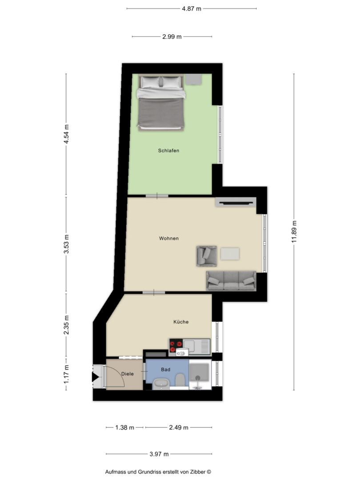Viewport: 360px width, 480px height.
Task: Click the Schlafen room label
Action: [x=168, y=151]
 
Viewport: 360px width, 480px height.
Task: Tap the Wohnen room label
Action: [x=169, y=239]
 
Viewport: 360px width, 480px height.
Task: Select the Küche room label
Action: [x=181, y=322]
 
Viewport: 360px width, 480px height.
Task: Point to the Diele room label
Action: [x=128, y=374]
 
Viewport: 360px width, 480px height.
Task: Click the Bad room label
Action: [x=166, y=369]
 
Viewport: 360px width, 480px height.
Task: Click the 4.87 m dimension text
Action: [x=192, y=9]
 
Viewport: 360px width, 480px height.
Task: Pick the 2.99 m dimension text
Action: [x=172, y=37]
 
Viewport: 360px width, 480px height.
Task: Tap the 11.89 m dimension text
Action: [x=294, y=232]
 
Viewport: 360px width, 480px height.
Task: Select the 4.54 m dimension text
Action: [x=66, y=134]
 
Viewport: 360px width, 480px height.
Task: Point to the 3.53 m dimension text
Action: [x=66, y=244]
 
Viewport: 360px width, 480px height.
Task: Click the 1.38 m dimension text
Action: [x=124, y=428]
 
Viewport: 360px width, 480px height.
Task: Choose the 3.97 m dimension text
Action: [x=159, y=454]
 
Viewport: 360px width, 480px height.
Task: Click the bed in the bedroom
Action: [x=161, y=103]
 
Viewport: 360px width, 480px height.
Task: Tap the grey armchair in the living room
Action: [x=207, y=256]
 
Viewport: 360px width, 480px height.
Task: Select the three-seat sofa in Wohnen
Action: [x=231, y=281]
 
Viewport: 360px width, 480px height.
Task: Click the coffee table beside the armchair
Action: [x=230, y=254]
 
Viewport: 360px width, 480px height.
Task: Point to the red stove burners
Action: [x=176, y=347]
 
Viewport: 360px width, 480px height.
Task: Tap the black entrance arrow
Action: [x=96, y=377]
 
